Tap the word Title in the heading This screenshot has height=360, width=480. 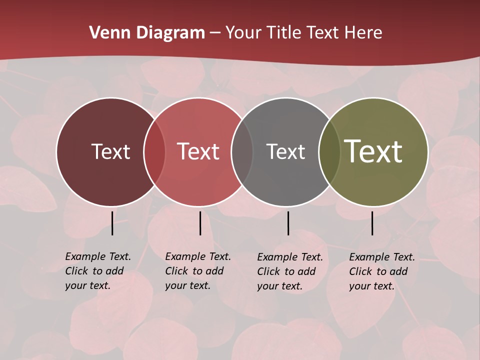pyautogui.click(x=284, y=33)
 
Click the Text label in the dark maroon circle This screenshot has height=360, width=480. pyautogui.click(x=110, y=151)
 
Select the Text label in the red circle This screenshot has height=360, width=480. pyautogui.click(x=198, y=151)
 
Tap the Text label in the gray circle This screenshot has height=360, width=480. pyautogui.click(x=285, y=151)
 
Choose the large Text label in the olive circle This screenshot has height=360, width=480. pyautogui.click(x=373, y=151)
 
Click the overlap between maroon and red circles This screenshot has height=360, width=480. pyautogui.click(x=154, y=151)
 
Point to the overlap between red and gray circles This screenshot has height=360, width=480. pyautogui.click(x=242, y=151)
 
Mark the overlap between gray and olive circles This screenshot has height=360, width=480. pyautogui.click(x=329, y=151)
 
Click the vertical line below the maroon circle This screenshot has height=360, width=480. pyautogui.click(x=112, y=223)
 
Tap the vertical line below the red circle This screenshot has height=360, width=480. pyautogui.click(x=200, y=223)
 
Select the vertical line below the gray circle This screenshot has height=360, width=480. pyautogui.click(x=288, y=223)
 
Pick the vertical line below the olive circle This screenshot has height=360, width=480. pyautogui.click(x=372, y=223)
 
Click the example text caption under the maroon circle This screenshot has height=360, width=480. pyautogui.click(x=98, y=271)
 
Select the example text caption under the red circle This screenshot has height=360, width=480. pyautogui.click(x=198, y=271)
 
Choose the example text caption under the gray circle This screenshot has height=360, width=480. pyautogui.click(x=290, y=271)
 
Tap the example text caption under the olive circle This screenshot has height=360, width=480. pyautogui.click(x=382, y=271)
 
